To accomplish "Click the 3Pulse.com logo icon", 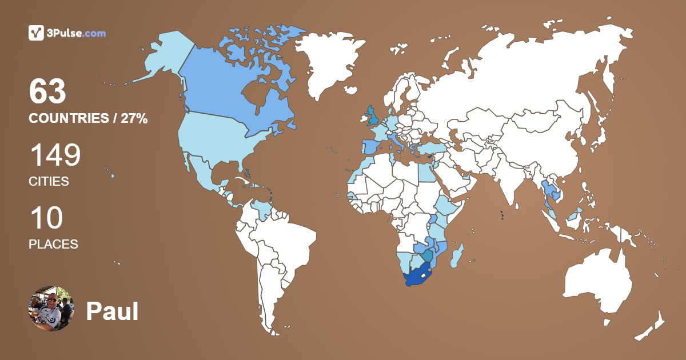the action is tap(37, 33).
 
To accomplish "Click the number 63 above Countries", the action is tap(47, 92).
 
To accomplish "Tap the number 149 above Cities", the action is tap(55, 155).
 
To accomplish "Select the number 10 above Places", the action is tap(46, 218).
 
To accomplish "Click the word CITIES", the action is tap(49, 182).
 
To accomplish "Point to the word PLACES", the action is tap(53, 244).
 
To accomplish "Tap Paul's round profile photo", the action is tap(51, 309).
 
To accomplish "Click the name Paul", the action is tap(112, 311).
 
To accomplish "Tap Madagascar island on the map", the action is tap(457, 256).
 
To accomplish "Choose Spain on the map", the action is tap(370, 146).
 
